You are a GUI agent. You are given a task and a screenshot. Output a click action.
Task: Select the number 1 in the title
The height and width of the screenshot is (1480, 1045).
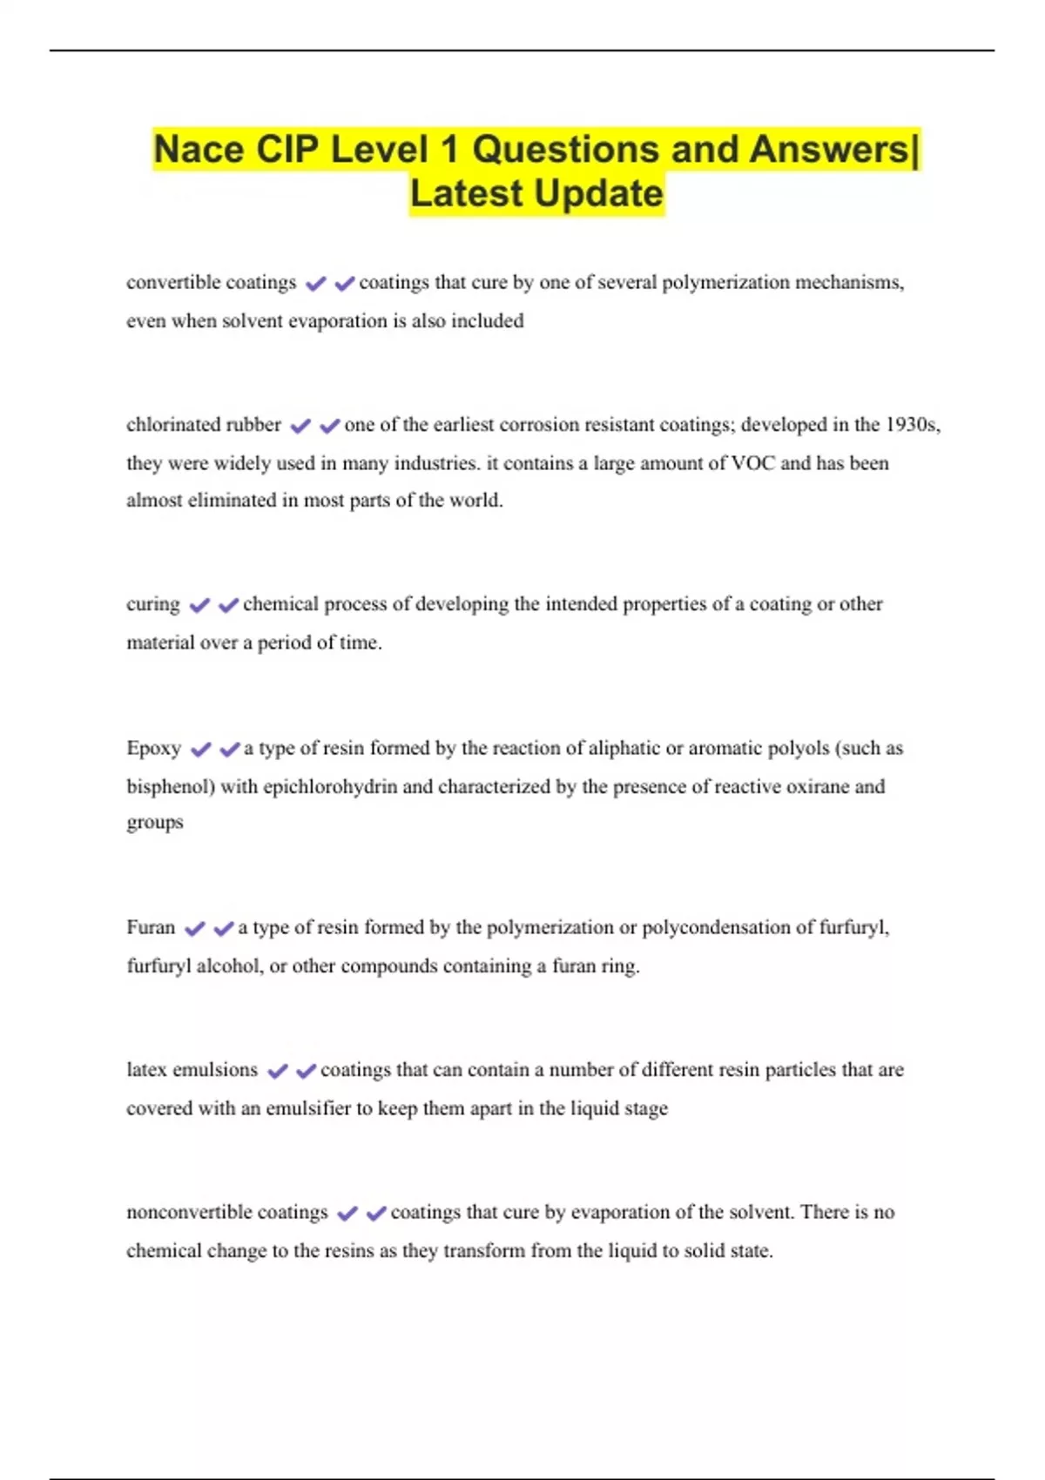pos(448,149)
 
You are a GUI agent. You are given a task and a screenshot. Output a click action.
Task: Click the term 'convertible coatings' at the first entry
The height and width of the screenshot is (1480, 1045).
pos(211,283)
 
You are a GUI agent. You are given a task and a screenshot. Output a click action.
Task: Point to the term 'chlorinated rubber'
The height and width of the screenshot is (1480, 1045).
pos(204,425)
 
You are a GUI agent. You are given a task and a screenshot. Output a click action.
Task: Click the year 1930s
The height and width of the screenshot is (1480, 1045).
pos(911,425)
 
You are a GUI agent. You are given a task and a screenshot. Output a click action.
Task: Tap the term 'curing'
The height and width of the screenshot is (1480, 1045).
pos(153,604)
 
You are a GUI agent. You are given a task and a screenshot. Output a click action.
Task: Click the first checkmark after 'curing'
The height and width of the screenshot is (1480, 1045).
pos(199,605)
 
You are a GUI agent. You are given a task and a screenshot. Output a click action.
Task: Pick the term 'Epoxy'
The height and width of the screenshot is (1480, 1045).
pos(153,749)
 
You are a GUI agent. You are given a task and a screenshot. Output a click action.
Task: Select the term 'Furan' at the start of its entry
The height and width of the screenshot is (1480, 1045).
pos(151,928)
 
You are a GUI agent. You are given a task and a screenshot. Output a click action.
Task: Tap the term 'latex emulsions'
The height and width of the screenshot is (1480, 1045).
pos(192,1070)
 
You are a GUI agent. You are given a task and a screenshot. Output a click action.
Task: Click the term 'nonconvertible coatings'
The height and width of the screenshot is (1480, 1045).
pos(226,1213)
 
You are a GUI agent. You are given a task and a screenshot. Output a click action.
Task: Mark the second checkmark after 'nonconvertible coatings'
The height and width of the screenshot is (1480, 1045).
pos(376,1214)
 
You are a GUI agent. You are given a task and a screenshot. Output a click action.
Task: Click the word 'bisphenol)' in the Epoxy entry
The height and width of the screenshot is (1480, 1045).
pos(171,787)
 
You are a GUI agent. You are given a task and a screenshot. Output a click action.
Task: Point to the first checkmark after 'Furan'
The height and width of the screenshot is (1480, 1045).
pos(195,929)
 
